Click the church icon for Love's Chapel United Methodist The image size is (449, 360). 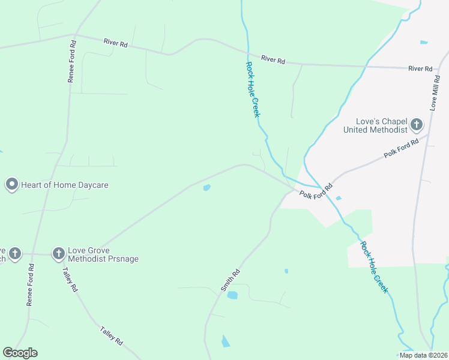tap(417, 125)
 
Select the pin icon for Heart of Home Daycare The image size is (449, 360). tap(11, 185)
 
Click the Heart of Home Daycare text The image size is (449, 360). tap(65, 185)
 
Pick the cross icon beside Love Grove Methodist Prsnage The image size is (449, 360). tap(58, 254)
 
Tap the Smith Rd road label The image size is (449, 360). tap(231, 280)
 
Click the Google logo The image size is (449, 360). tap(20, 353)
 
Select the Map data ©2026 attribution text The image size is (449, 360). tap(423, 355)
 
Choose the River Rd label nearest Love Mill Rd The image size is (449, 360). tap(420, 69)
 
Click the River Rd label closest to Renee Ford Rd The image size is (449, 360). tap(115, 43)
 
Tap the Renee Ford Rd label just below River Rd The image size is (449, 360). tap(72, 61)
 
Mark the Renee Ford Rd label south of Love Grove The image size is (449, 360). tap(30, 284)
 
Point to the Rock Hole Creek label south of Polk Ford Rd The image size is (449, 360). tap(374, 267)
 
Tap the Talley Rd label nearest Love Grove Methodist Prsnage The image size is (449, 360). tap(70, 278)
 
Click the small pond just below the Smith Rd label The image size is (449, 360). tap(232, 295)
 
